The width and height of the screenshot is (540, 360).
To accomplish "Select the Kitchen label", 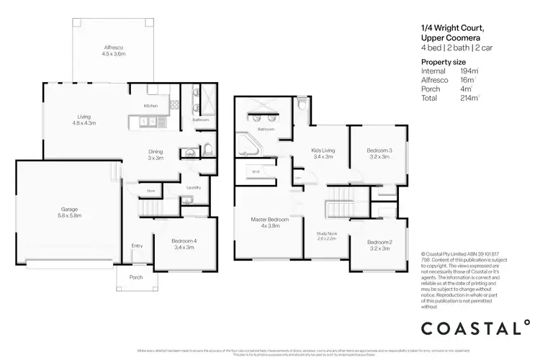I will click(x=150, y=106).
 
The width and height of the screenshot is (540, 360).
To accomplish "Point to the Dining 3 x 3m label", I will click(x=155, y=155).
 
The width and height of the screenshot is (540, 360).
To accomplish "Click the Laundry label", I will click(x=193, y=188).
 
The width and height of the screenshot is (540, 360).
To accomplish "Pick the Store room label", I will click(x=151, y=191).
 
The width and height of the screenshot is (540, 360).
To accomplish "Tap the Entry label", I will click(x=137, y=246).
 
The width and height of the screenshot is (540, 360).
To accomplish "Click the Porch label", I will click(x=136, y=277).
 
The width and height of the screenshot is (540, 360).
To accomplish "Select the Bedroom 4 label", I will click(x=184, y=244).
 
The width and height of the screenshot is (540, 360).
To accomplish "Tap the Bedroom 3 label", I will click(x=379, y=153).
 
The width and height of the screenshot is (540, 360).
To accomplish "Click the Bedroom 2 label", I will click(x=379, y=245).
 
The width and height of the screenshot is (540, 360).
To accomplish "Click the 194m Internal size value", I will click(x=469, y=71).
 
